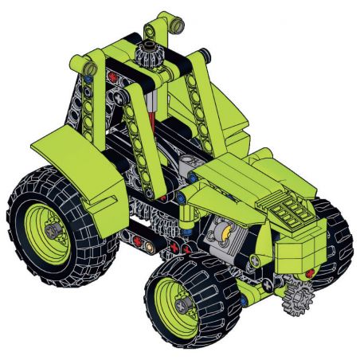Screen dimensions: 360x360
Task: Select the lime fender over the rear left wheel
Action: (76, 164)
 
